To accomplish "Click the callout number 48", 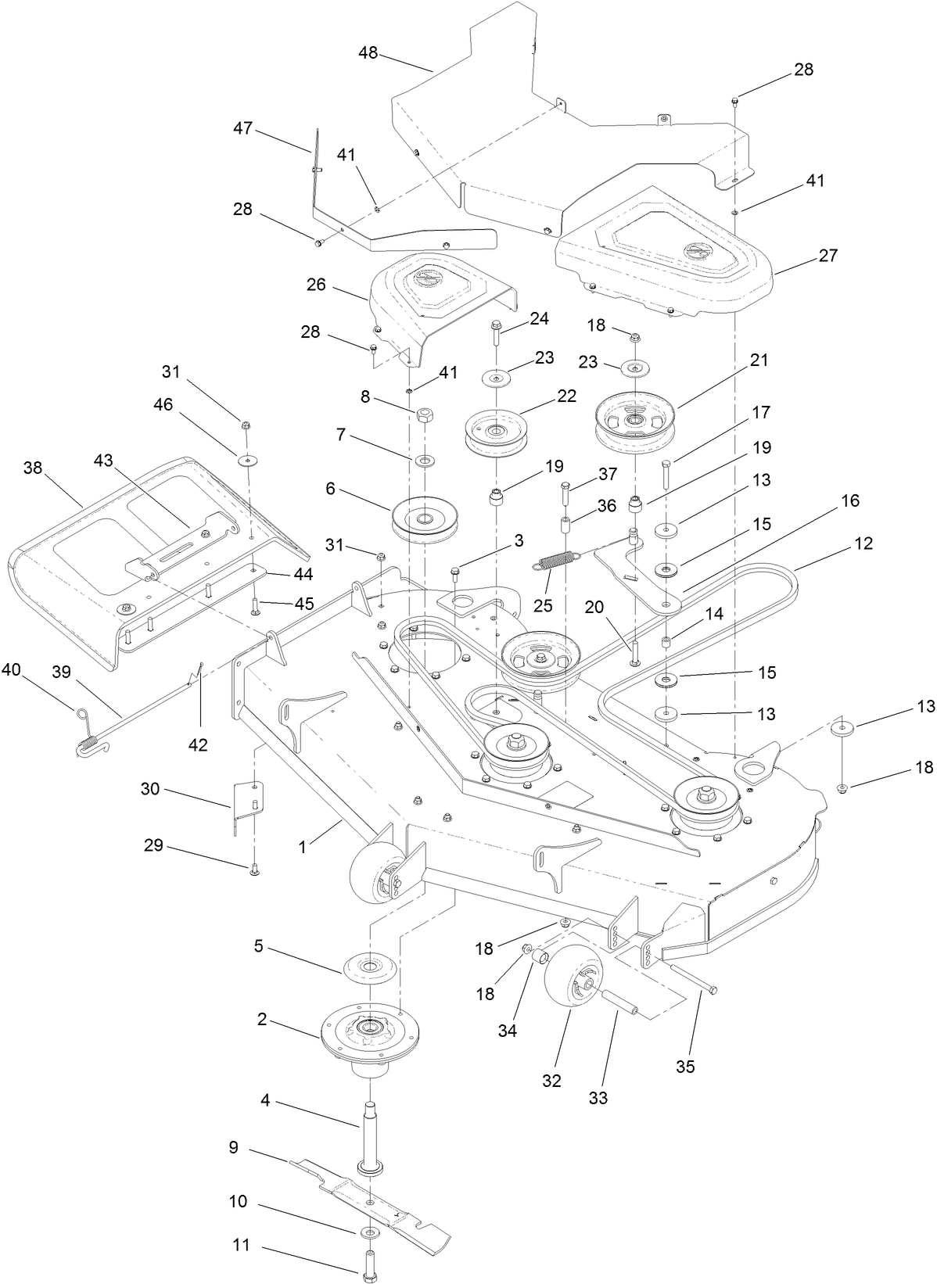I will point(368,53).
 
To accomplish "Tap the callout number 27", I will point(828,255).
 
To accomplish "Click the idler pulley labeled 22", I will point(497,432).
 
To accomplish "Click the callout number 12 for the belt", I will point(864,543).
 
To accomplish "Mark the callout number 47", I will point(243,127).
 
